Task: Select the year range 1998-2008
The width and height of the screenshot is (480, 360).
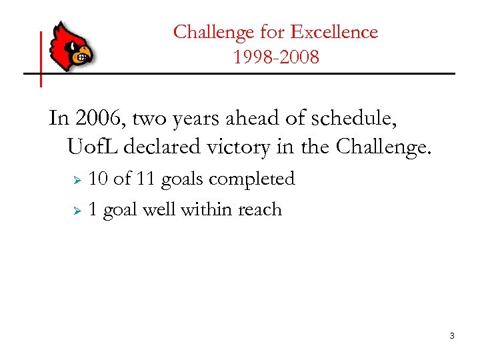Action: [276, 57]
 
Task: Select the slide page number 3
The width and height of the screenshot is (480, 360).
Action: [451, 335]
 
